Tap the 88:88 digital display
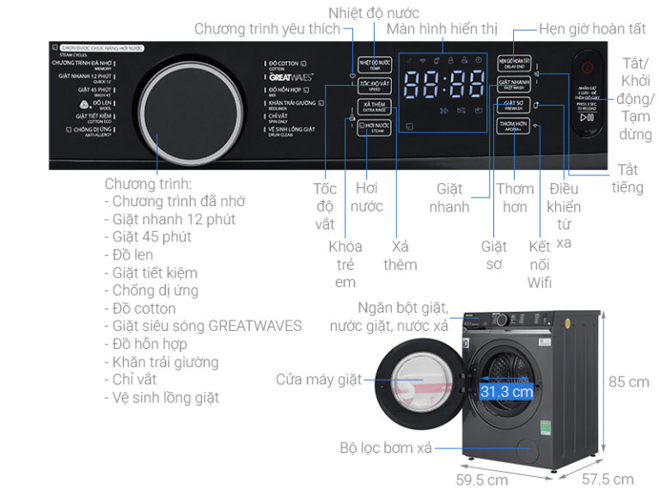pos(444,85)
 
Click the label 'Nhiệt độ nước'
pos(374,12)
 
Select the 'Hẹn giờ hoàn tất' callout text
pos(591,29)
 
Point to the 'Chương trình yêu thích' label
pos(267,29)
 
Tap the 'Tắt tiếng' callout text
pos(627,178)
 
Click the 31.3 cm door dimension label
pos(506,392)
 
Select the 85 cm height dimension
pos(629,382)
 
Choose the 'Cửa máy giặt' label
pos(319,379)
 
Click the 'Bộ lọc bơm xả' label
pos(384,448)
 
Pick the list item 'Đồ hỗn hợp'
pos(150,344)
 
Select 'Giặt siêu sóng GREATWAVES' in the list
pos(207,326)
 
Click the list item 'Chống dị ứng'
pos(156,290)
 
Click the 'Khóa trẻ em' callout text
pos(345,264)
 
